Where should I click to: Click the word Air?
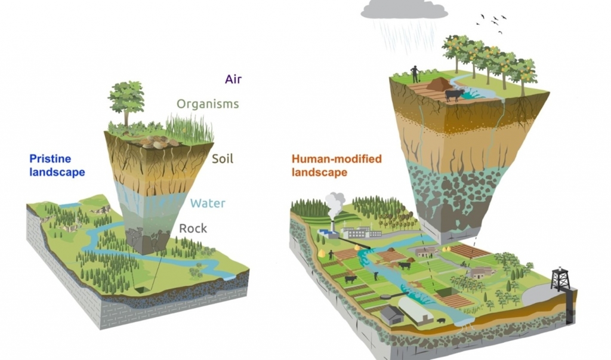point(233,79)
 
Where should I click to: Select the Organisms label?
point(207,104)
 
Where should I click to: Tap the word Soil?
point(223,159)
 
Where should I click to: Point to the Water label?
point(208,203)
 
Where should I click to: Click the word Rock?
point(193,228)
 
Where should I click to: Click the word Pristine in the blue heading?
point(50,159)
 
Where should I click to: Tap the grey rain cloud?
point(405,9)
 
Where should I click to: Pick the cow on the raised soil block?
point(454,94)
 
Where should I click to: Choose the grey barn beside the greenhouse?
point(391,315)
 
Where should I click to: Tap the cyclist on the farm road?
point(462,263)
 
